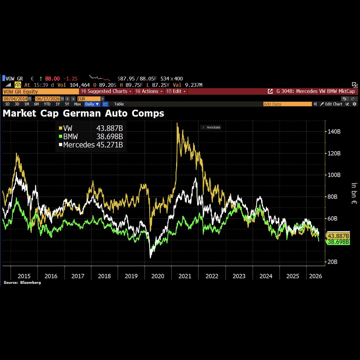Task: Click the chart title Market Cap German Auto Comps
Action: [x=83, y=113]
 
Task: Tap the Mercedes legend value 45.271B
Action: [x=109, y=145]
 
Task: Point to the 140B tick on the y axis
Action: [x=334, y=132]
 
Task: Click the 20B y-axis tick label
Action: [x=332, y=262]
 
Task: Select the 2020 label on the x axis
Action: [x=158, y=276]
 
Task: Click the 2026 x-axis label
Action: [x=316, y=276]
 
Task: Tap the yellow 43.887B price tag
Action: [x=338, y=236]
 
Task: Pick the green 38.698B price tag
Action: [x=338, y=242]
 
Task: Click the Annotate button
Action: [x=211, y=127]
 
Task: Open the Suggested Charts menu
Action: [x=106, y=91]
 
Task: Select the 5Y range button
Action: [x=67, y=104]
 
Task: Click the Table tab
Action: [x=119, y=104]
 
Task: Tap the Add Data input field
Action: [x=287, y=104]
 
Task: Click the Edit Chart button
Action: [x=331, y=104]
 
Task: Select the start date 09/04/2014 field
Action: [x=16, y=99]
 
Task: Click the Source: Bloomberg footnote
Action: [x=22, y=283]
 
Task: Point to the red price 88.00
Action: [x=52, y=79]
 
